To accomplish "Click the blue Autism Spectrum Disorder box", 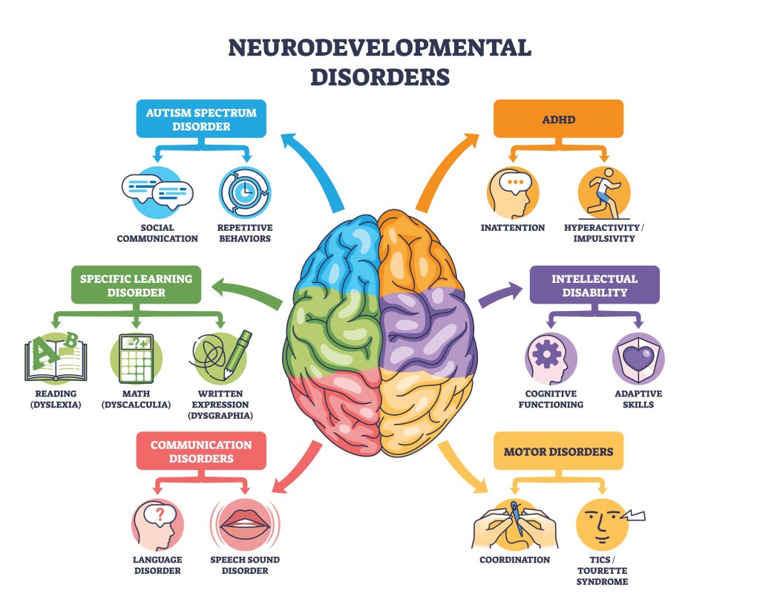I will (x=200, y=120).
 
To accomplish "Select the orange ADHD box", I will (x=558, y=120).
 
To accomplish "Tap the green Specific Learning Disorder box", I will (x=136, y=285).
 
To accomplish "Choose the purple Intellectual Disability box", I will (x=594, y=285).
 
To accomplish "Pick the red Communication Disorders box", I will (x=201, y=451).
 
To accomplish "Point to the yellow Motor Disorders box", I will (x=558, y=451).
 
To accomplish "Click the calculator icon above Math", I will (x=136, y=358).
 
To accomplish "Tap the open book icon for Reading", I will (x=56, y=358).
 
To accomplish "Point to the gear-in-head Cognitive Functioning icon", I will (x=550, y=359).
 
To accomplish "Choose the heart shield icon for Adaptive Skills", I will (x=638, y=359).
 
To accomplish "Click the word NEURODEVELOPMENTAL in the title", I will (x=379, y=48).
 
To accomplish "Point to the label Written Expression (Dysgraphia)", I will (x=221, y=405).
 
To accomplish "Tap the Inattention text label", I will (x=513, y=228).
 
